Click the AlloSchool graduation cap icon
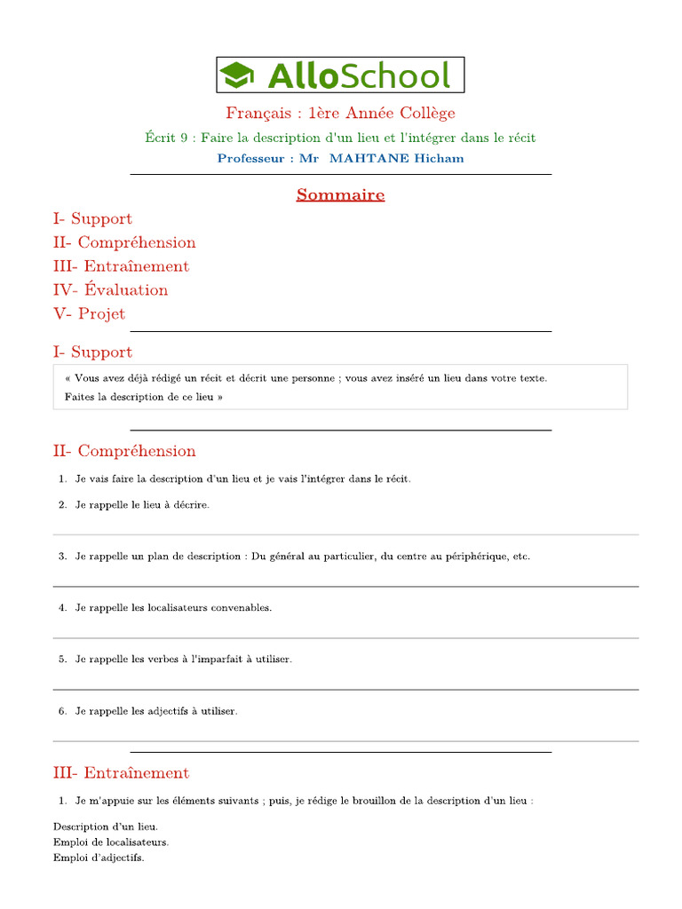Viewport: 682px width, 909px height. pyautogui.click(x=237, y=75)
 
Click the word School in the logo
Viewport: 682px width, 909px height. pyautogui.click(x=395, y=75)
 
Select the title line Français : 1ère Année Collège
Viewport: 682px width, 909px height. pyautogui.click(x=340, y=113)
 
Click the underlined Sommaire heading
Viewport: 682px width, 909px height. pyautogui.click(x=340, y=194)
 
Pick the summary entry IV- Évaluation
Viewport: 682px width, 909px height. pyautogui.click(x=110, y=290)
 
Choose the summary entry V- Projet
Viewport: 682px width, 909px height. pyautogui.click(x=89, y=314)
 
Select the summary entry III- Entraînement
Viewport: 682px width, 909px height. pyautogui.click(x=121, y=266)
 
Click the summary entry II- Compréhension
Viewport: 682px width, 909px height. pyautogui.click(x=124, y=242)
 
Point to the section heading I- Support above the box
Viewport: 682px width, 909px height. pyautogui.click(x=92, y=352)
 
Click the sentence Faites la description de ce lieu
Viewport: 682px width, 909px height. pyautogui.click(x=144, y=398)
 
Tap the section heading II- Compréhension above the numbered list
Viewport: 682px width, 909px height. pyautogui.click(x=124, y=452)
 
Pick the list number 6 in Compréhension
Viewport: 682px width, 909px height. pyautogui.click(x=62, y=711)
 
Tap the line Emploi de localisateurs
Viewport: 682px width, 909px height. pyautogui.click(x=111, y=842)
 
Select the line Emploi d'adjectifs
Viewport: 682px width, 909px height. pyautogui.click(x=99, y=858)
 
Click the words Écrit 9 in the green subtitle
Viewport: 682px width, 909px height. pyautogui.click(x=166, y=138)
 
